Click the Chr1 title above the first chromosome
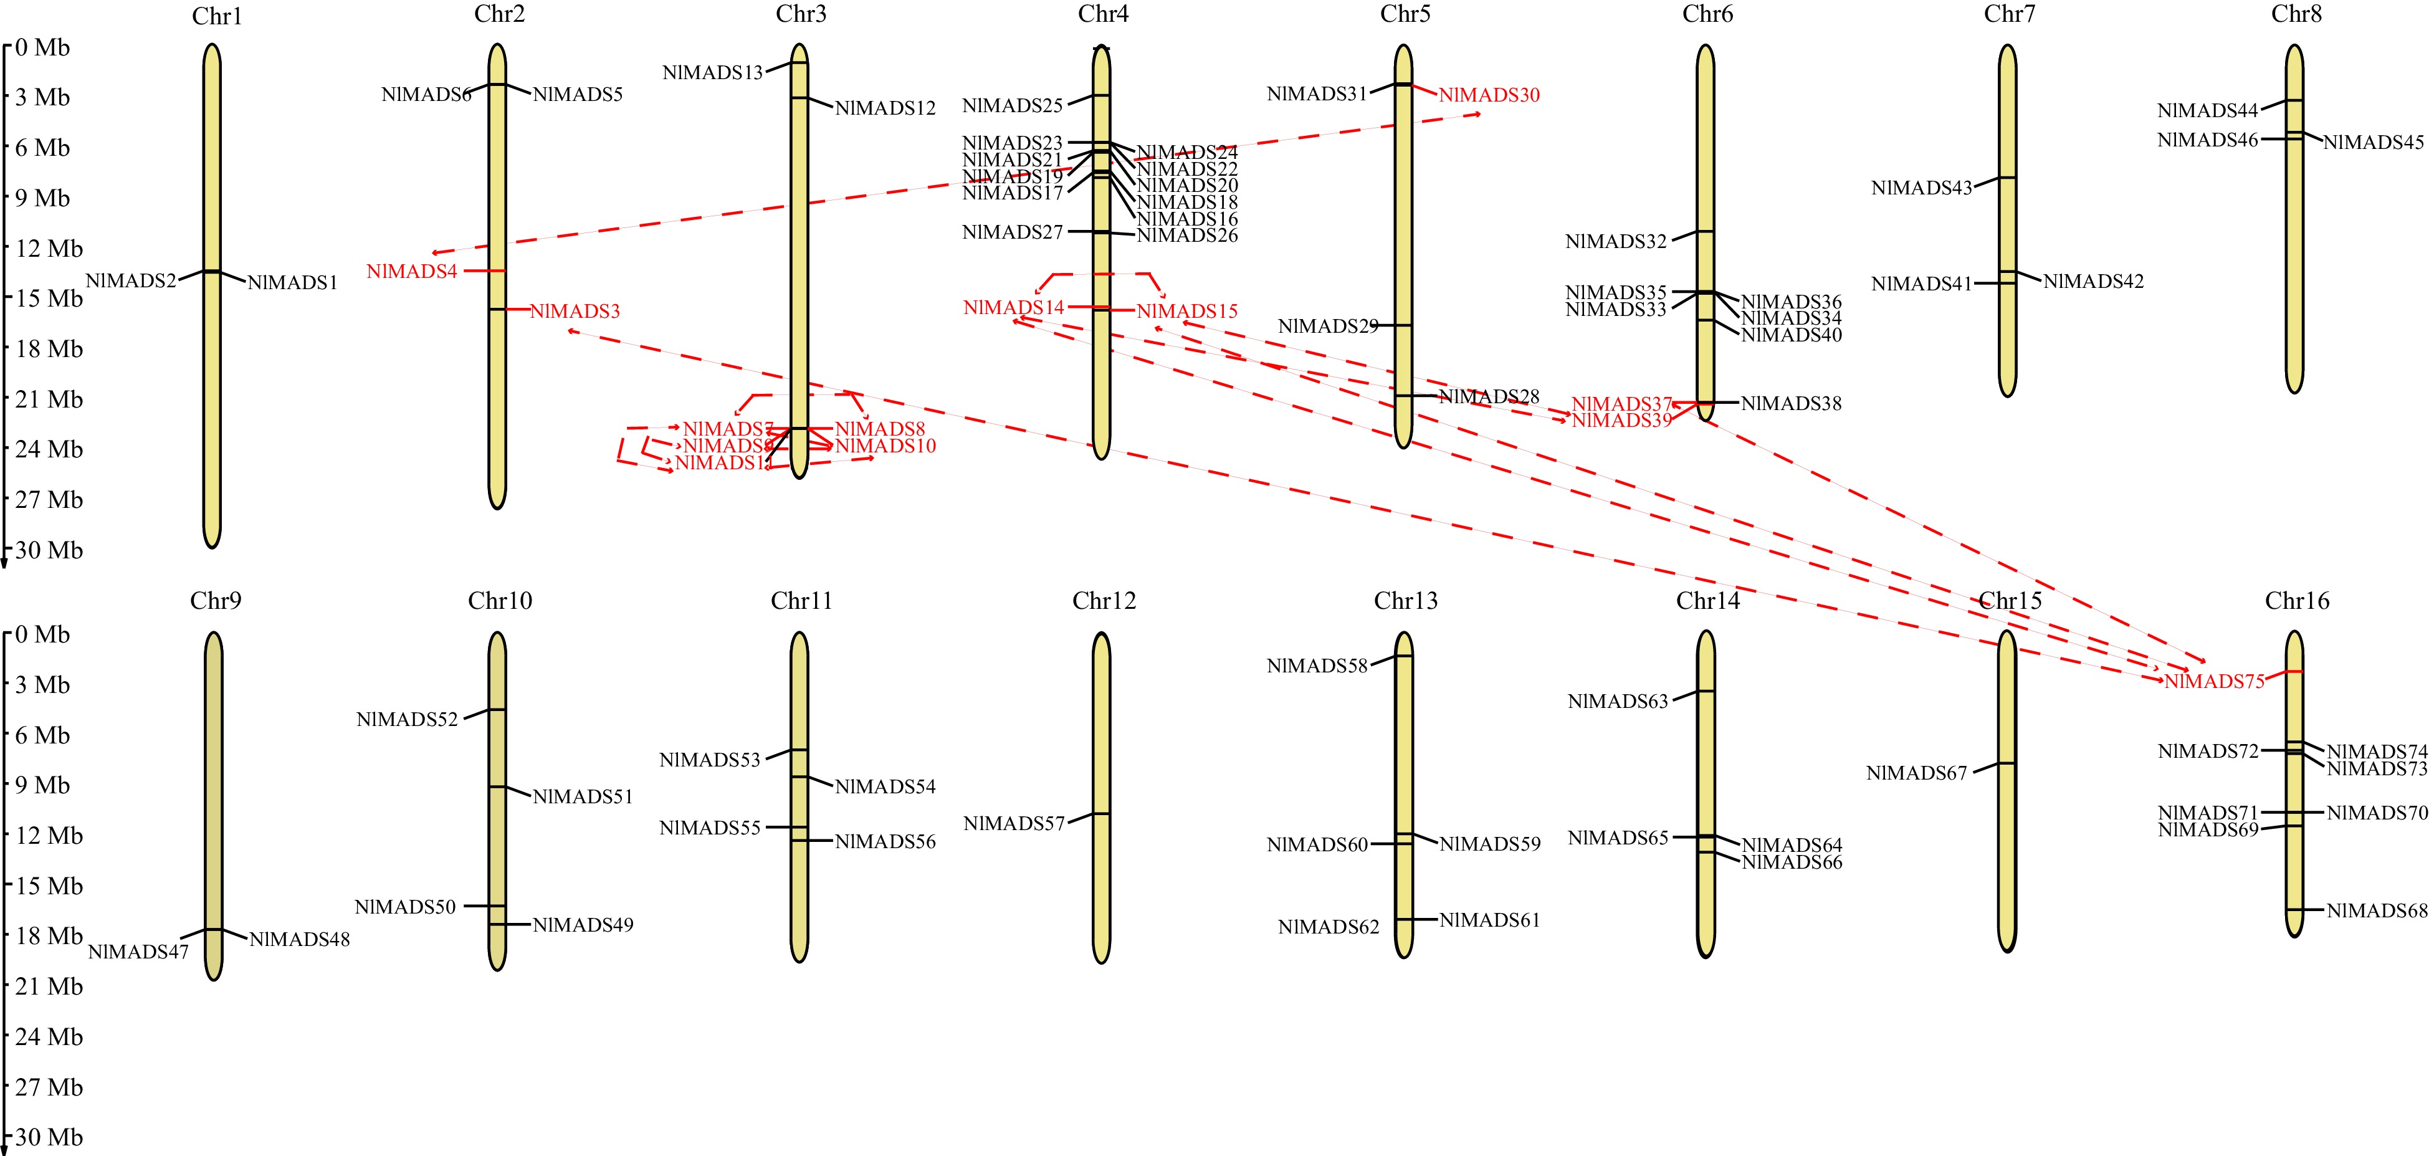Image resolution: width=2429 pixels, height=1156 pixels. pyautogui.click(x=217, y=16)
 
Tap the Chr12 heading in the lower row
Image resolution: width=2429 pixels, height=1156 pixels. pyautogui.click(x=1104, y=601)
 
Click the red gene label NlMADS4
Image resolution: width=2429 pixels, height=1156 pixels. pyautogui.click(x=411, y=272)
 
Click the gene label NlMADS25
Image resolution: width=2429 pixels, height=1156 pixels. pyautogui.click(x=1012, y=105)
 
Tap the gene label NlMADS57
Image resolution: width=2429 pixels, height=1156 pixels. pyautogui.click(x=1014, y=823)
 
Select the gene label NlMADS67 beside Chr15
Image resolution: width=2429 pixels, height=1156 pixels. pyautogui.click(x=1916, y=773)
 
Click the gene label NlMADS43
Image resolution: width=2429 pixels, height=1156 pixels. pyautogui.click(x=1922, y=188)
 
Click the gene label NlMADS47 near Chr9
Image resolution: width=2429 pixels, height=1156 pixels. pyautogui.click(x=138, y=952)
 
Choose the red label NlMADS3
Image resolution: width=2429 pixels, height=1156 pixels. pyautogui.click(x=575, y=311)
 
